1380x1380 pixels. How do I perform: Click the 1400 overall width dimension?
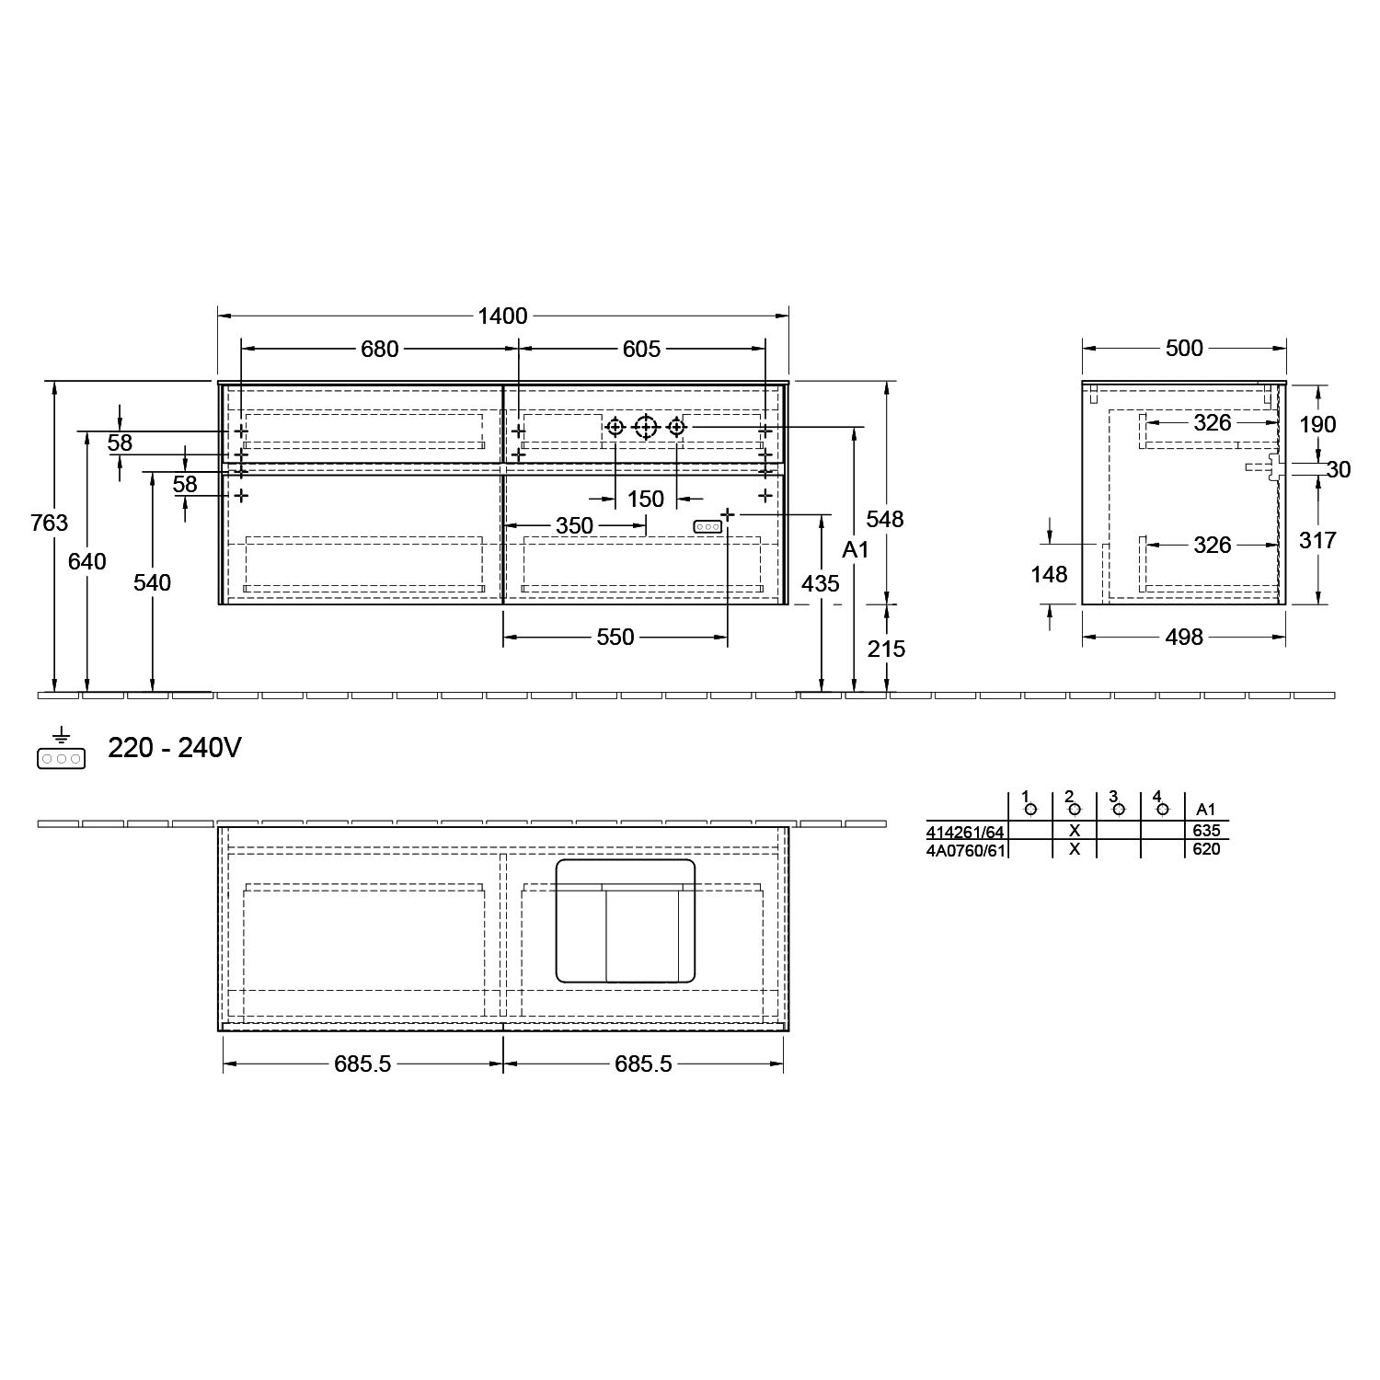(503, 316)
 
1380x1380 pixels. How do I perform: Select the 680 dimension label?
(379, 350)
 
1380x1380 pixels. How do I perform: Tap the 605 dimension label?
(641, 350)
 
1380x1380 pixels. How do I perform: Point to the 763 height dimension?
(49, 523)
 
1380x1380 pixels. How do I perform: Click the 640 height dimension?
(87, 561)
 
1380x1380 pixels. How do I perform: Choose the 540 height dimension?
(153, 582)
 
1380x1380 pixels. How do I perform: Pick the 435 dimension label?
(820, 583)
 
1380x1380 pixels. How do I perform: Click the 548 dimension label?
(885, 519)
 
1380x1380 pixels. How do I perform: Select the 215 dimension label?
(887, 649)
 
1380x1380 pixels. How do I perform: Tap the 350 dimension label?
(574, 525)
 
